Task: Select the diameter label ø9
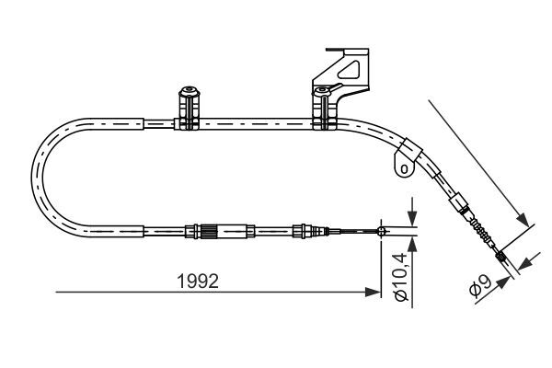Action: [479, 288]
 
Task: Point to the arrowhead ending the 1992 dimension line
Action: [374, 293]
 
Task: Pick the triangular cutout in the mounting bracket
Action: [350, 70]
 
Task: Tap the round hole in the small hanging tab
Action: [402, 167]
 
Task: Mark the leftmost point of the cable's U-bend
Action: [33, 175]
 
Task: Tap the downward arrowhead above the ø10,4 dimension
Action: [411, 221]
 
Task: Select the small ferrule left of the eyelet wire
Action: [301, 230]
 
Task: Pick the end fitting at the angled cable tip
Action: [502, 259]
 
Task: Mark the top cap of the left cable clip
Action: [189, 91]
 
